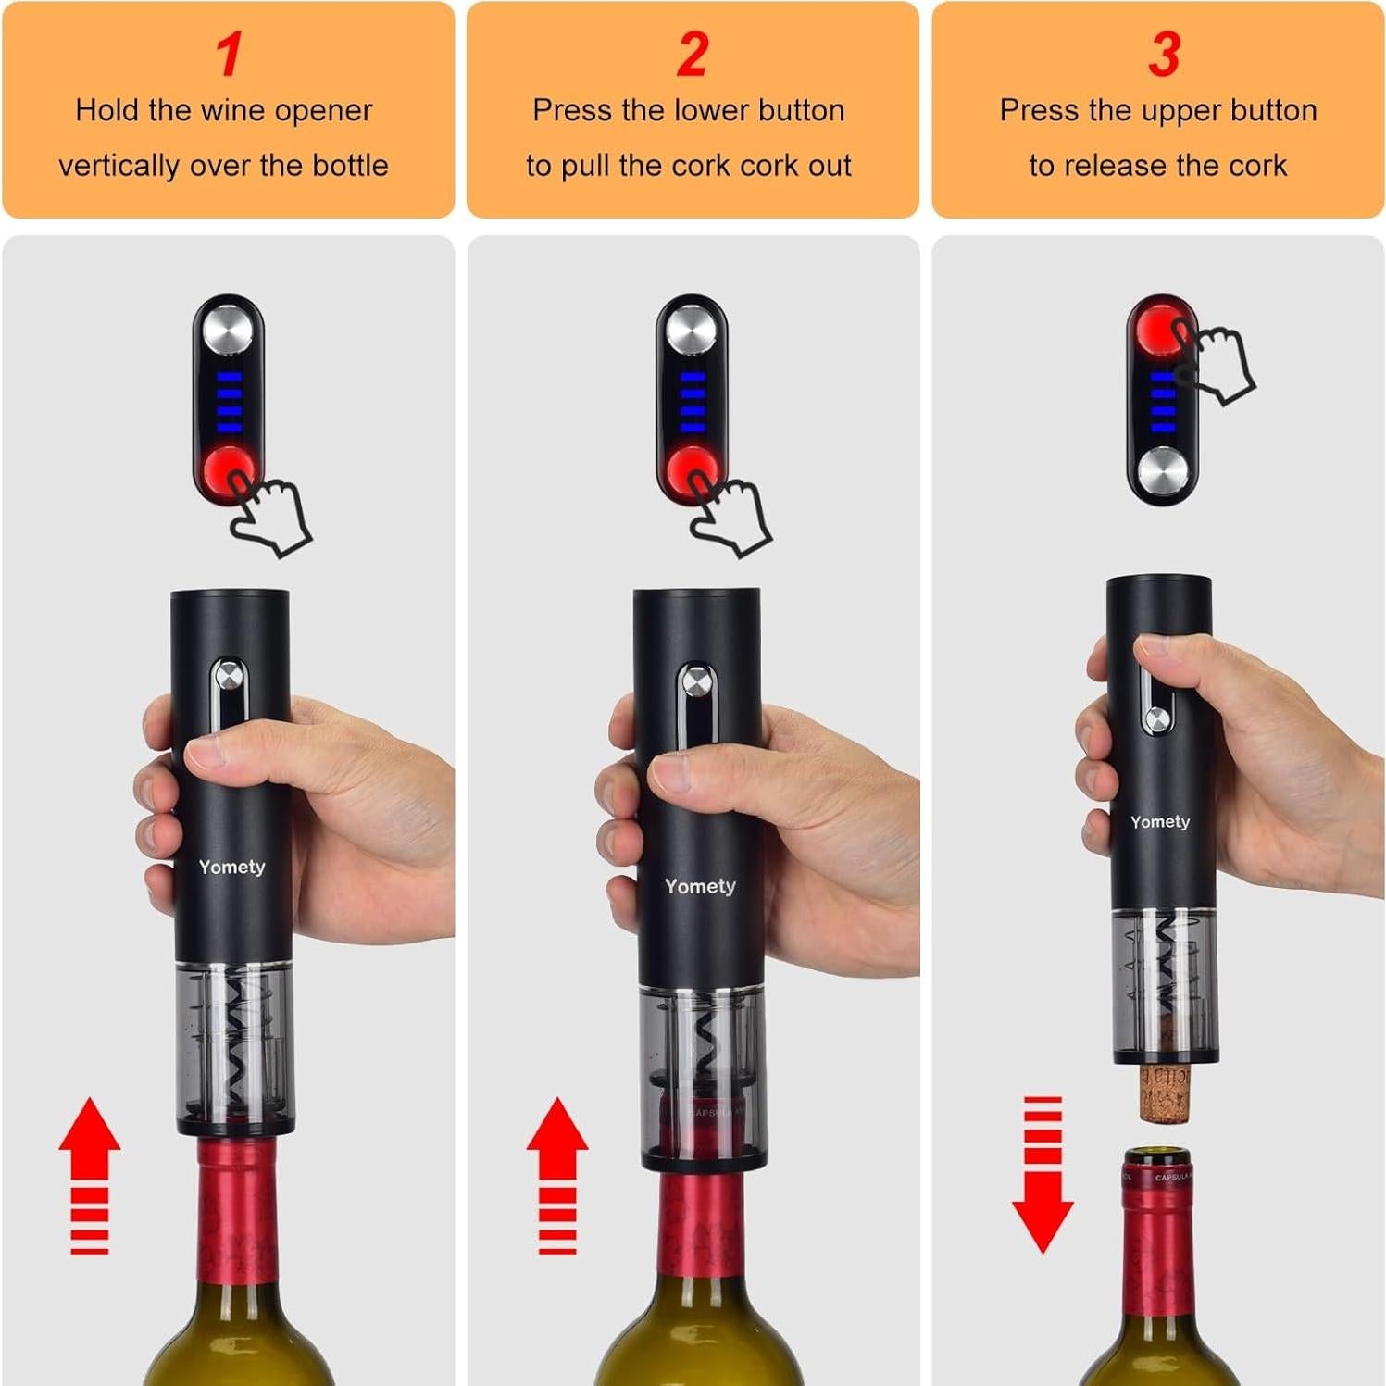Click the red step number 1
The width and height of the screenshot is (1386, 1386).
tap(229, 55)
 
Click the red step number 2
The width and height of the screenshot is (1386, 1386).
tap(692, 55)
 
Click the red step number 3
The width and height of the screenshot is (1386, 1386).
tap(1164, 55)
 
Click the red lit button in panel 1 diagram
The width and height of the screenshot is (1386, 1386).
tap(228, 471)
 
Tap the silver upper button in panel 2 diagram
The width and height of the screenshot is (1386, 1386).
tap(691, 328)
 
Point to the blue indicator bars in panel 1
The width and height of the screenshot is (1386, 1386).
tap(229, 402)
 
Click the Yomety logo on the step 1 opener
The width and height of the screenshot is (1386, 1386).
tap(231, 868)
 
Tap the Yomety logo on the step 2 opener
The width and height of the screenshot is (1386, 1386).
tap(700, 887)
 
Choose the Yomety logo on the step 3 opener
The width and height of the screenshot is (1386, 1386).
tap(1159, 822)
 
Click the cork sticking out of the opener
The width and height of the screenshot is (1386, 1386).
tap(1164, 1093)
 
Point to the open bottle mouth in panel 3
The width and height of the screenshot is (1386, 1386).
tap(1157, 1157)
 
